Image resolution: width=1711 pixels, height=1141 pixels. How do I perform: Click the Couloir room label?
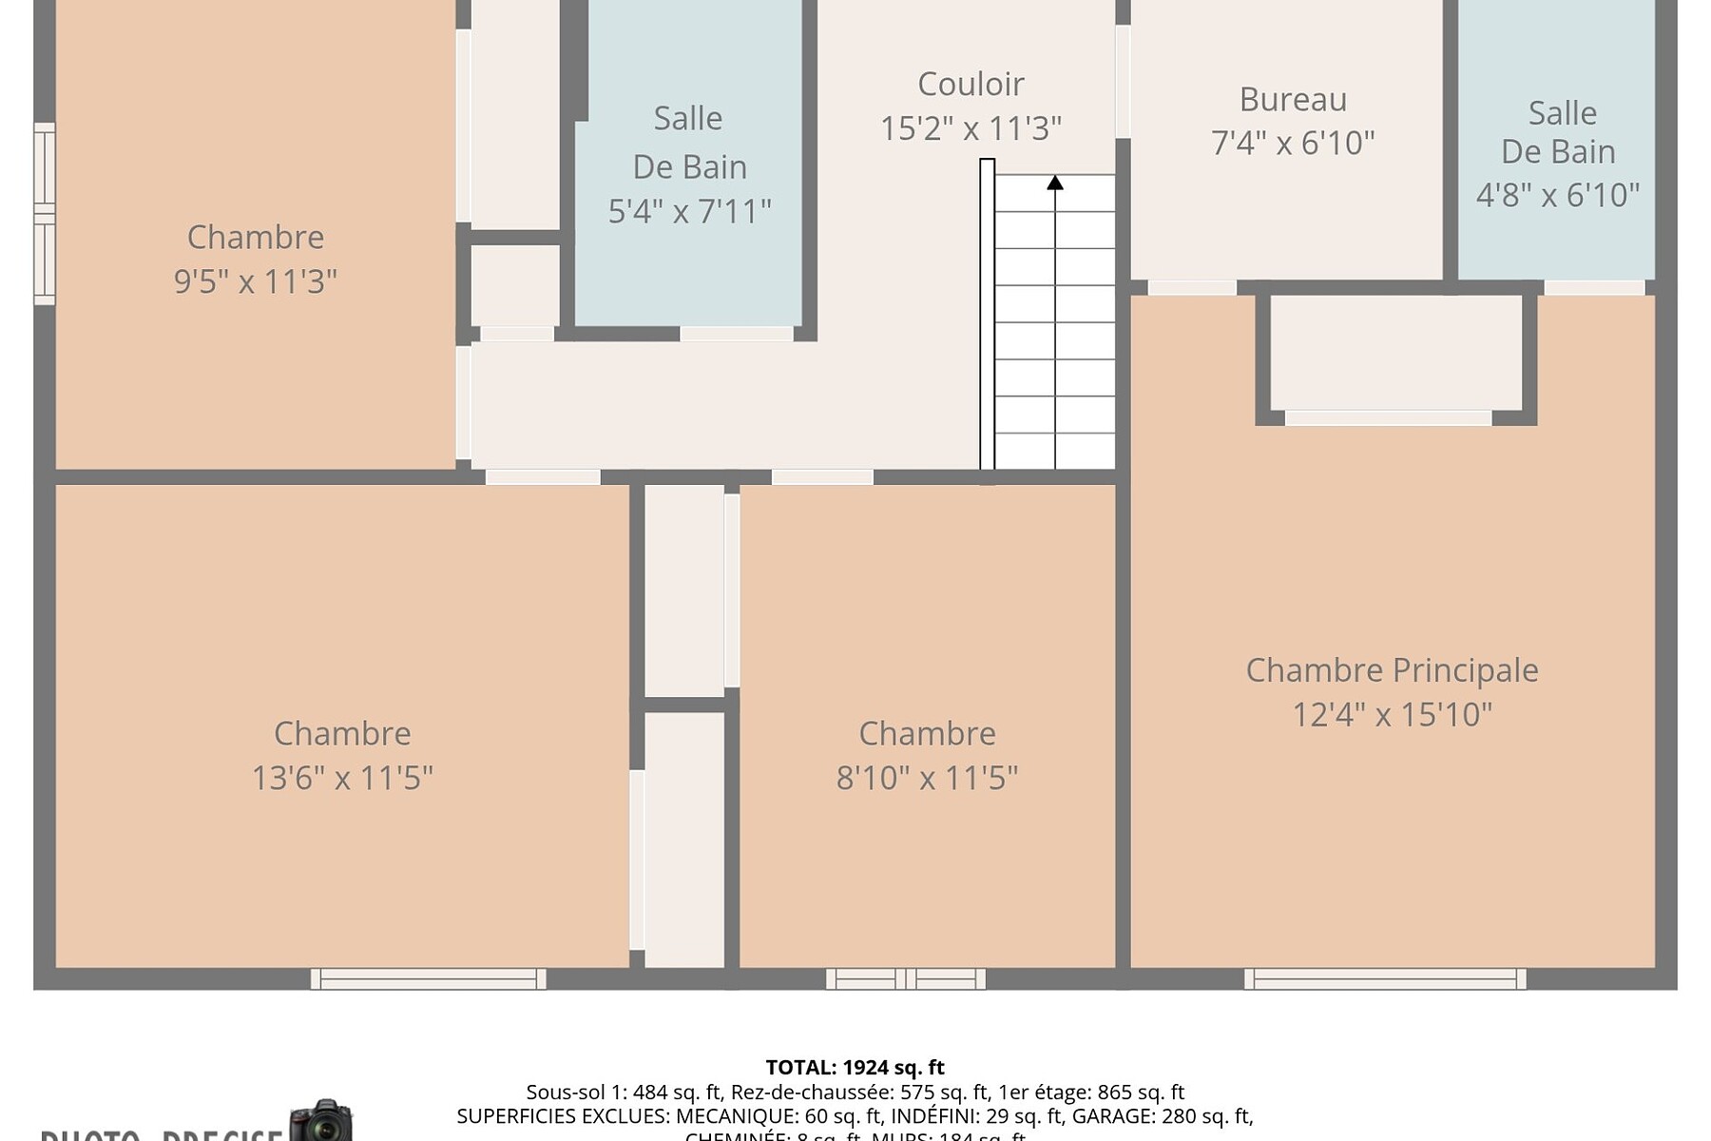(x=971, y=85)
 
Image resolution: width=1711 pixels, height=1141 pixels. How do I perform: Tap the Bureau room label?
(x=1293, y=100)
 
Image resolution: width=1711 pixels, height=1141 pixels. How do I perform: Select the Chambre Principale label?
(x=1392, y=670)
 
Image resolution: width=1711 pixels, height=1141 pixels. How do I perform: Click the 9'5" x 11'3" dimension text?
(x=255, y=281)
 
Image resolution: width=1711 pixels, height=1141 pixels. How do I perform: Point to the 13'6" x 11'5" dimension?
(x=342, y=778)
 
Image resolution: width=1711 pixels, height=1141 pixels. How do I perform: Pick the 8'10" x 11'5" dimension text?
(x=927, y=778)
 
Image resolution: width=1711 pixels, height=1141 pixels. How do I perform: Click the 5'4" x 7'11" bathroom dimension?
(x=689, y=211)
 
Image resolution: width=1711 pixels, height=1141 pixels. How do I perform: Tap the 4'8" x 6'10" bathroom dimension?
(x=1557, y=195)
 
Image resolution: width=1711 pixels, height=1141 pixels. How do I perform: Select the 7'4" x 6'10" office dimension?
(x=1293, y=144)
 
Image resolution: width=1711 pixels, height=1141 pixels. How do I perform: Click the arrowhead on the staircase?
(x=1055, y=183)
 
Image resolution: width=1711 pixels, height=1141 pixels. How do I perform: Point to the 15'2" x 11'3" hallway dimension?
(x=971, y=128)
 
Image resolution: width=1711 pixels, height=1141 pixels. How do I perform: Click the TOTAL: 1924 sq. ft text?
(x=855, y=1068)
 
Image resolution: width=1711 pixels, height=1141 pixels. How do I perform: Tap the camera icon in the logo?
(x=321, y=1122)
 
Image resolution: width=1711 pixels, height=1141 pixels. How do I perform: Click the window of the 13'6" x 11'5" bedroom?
(x=429, y=978)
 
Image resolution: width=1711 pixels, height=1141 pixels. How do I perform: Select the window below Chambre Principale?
(x=1385, y=978)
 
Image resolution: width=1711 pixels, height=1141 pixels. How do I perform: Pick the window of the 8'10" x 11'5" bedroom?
(x=905, y=978)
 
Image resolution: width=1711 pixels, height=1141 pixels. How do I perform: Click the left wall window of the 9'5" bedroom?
(x=44, y=214)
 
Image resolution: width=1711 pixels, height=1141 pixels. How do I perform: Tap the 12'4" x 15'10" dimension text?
(x=1392, y=714)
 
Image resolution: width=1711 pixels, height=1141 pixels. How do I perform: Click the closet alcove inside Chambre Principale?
(x=1395, y=352)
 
